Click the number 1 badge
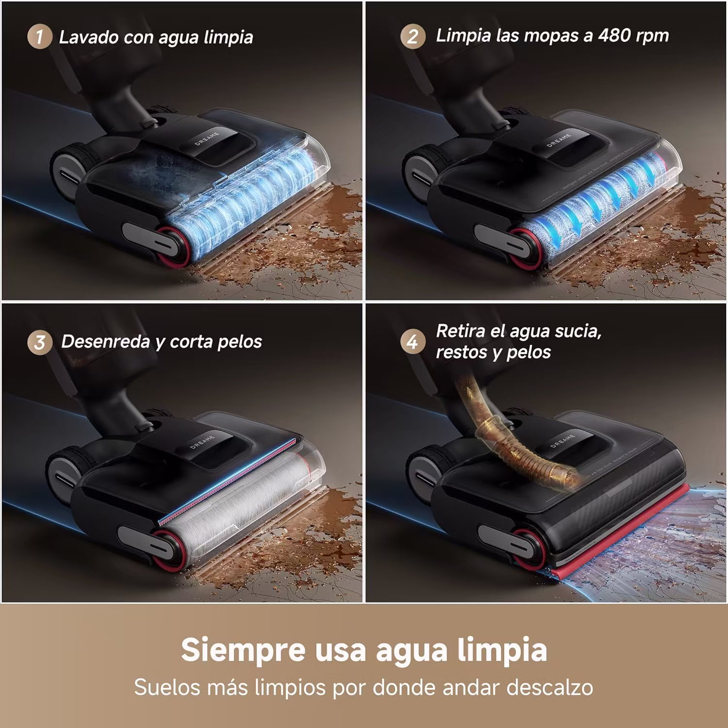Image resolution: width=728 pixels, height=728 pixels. point(39,36)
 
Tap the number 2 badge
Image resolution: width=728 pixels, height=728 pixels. point(413,36)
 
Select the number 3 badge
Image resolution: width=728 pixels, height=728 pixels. point(39,342)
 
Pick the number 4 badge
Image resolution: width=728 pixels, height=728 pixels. point(413,342)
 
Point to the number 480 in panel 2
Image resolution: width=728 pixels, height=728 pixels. point(615,35)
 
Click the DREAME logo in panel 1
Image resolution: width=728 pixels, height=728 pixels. point(207,138)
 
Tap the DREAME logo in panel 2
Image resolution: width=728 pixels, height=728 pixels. point(559,140)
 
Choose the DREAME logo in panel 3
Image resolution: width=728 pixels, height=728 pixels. point(203,442)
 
